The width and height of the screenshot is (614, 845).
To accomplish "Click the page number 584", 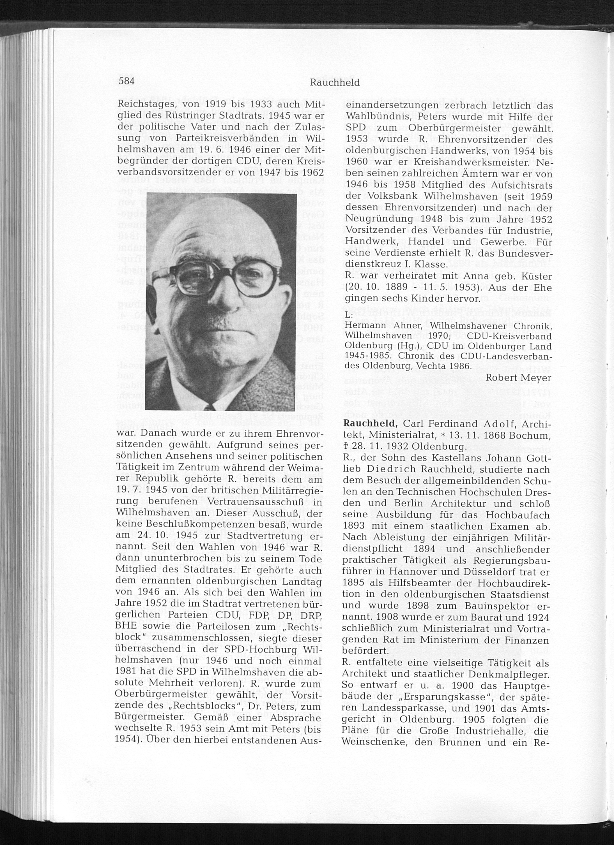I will pos(126,82).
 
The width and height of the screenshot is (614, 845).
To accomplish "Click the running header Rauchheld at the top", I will pos(335,83).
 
